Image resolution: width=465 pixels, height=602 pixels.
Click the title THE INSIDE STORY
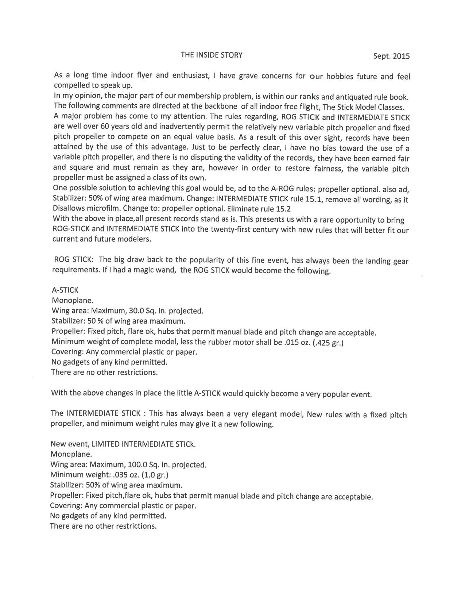212,55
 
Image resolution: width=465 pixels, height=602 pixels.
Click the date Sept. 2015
391,56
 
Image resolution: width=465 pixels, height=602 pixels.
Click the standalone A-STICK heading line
65,290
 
